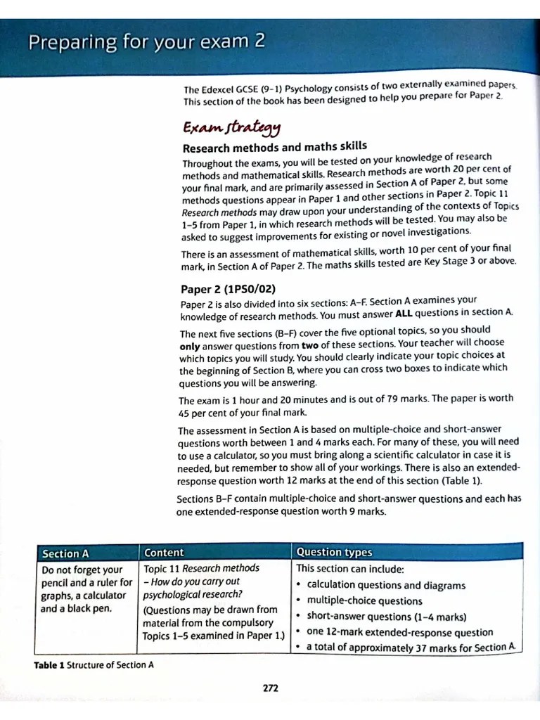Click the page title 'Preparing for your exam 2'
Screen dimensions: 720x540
click(x=146, y=42)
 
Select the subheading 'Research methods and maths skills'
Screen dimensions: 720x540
click(x=274, y=147)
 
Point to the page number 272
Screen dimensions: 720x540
click(x=270, y=688)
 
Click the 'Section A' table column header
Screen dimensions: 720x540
click(x=65, y=553)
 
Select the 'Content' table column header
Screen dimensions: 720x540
click(x=164, y=553)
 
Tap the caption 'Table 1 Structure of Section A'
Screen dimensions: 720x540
click(x=94, y=664)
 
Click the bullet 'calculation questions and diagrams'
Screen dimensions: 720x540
click(x=386, y=585)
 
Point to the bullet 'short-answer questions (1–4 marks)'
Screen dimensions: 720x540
click(x=386, y=617)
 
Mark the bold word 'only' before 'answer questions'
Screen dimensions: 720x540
click(x=189, y=347)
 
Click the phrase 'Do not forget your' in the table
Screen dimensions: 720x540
click(x=82, y=570)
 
